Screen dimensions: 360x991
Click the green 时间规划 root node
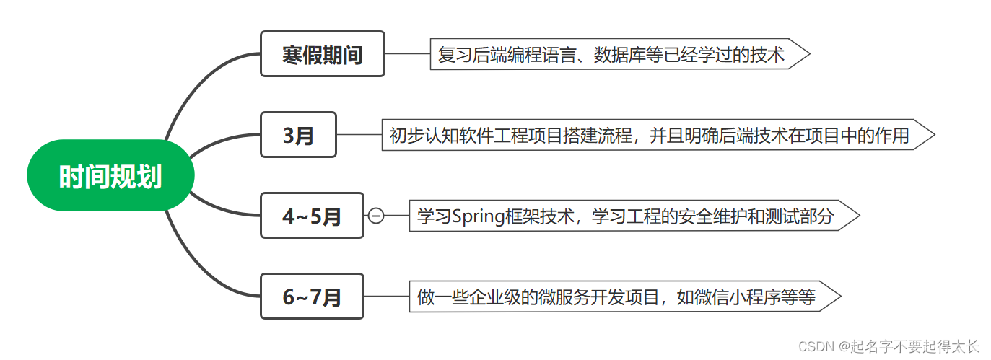[x=110, y=176]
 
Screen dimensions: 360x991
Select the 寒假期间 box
[x=323, y=54]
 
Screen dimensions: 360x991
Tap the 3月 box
[x=298, y=135]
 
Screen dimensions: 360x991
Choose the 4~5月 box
[x=312, y=216]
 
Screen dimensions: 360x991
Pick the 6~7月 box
[x=312, y=297]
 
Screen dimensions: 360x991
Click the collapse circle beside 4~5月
[x=376, y=216]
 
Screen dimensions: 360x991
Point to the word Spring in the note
[x=477, y=216]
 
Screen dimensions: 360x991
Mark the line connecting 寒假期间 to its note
[x=408, y=54]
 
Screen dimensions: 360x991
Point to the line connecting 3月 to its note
[x=359, y=135]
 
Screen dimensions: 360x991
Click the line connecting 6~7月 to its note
[x=387, y=297]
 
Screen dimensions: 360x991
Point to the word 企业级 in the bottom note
[x=492, y=297]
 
